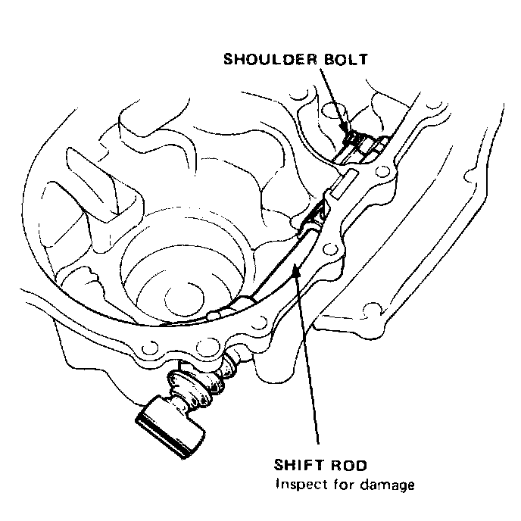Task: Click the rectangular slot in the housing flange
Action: pyautogui.click(x=350, y=179)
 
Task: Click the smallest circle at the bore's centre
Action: pyautogui.click(x=180, y=295)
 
